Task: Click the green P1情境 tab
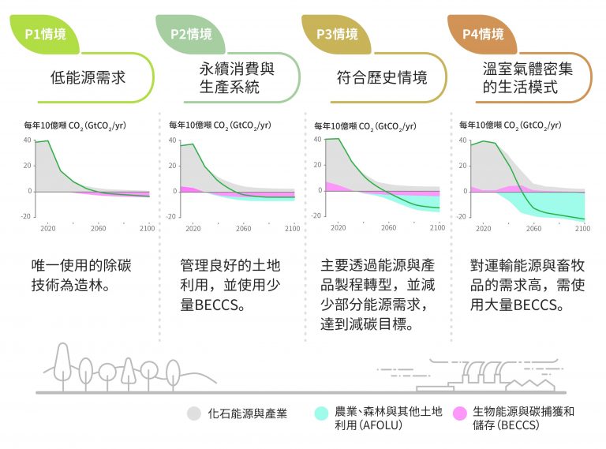pyautogui.click(x=46, y=35)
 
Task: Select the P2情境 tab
pyautogui.click(x=192, y=35)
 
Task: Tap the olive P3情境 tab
pyautogui.click(x=337, y=35)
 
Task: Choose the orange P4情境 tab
pyautogui.click(x=482, y=35)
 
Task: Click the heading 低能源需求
pyautogui.click(x=88, y=77)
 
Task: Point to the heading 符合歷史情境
pyautogui.click(x=381, y=77)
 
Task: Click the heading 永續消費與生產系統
pyautogui.click(x=235, y=77)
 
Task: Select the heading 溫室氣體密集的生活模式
pyautogui.click(x=526, y=77)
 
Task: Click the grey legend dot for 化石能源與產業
pyautogui.click(x=193, y=413)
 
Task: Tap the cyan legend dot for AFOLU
pyautogui.click(x=320, y=413)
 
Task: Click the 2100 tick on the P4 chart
pyautogui.click(x=582, y=228)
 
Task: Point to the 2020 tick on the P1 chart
pyautogui.click(x=47, y=228)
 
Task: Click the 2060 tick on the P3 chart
pyautogui.click(x=388, y=228)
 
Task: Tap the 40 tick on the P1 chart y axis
pyautogui.click(x=28, y=140)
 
